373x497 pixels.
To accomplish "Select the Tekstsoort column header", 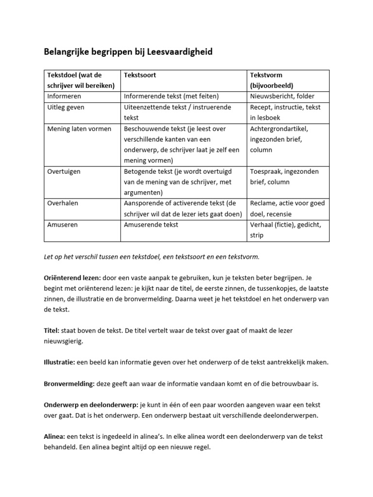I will click(x=140, y=75).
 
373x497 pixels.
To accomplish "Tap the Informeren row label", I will click(x=64, y=96).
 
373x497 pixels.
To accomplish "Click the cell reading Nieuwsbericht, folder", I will click(x=282, y=96).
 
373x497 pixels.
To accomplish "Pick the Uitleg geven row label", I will click(x=66, y=107).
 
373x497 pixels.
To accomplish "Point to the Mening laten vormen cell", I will click(x=79, y=129).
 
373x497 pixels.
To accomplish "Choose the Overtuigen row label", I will click(x=64, y=171).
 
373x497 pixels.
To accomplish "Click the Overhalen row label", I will click(x=63, y=203).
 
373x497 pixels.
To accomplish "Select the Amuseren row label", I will click(x=63, y=225).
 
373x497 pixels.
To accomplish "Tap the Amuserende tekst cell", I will click(x=151, y=225).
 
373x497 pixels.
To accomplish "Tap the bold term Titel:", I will click(x=51, y=331).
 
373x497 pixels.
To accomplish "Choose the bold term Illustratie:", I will click(x=59, y=362).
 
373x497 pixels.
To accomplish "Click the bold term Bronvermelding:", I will click(x=68, y=383).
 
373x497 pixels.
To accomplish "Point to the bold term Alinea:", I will click(x=55, y=436).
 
